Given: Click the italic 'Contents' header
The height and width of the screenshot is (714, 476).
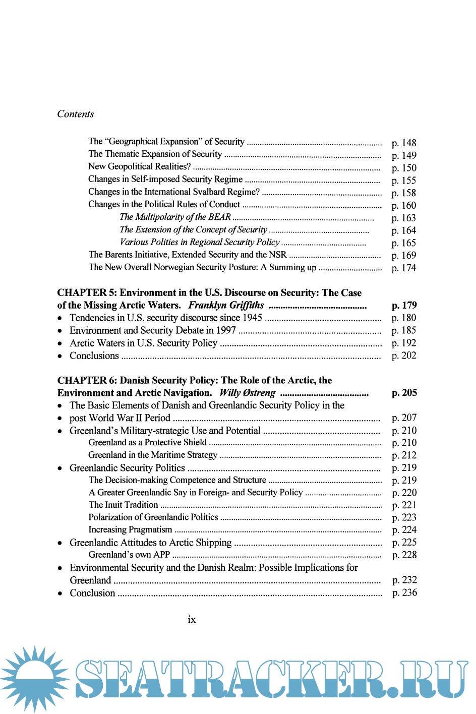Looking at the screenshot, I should pos(76,114).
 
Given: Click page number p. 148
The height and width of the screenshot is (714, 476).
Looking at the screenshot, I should pos(403,143).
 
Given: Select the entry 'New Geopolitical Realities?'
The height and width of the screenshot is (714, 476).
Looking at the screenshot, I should pos(139,166).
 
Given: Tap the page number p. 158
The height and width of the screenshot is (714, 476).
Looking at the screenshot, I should pos(403,193).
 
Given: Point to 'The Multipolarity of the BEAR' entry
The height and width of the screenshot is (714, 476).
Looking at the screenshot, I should pos(175,217).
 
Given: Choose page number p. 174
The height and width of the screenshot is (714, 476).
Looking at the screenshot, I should pos(403,268).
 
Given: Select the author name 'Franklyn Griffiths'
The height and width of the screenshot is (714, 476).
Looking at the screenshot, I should pos(226,305).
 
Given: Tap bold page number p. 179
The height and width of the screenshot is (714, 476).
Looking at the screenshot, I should pos(404,305).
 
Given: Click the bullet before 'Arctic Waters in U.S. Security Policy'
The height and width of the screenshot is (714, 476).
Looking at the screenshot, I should pos(60,343).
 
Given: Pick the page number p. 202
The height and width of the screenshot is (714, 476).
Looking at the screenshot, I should pos(403,355).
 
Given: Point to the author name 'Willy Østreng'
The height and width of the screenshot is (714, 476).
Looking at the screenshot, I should pos(247,393).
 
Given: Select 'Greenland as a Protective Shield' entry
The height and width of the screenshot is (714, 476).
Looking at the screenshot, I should pos(147,442).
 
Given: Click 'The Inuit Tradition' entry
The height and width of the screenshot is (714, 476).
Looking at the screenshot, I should pos(123,505).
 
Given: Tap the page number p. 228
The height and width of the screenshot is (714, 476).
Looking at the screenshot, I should pos(404,555).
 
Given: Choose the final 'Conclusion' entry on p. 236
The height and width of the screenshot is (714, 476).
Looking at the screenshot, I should pos(92,593).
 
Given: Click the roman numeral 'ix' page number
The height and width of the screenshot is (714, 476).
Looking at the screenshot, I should pos(192,620).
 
